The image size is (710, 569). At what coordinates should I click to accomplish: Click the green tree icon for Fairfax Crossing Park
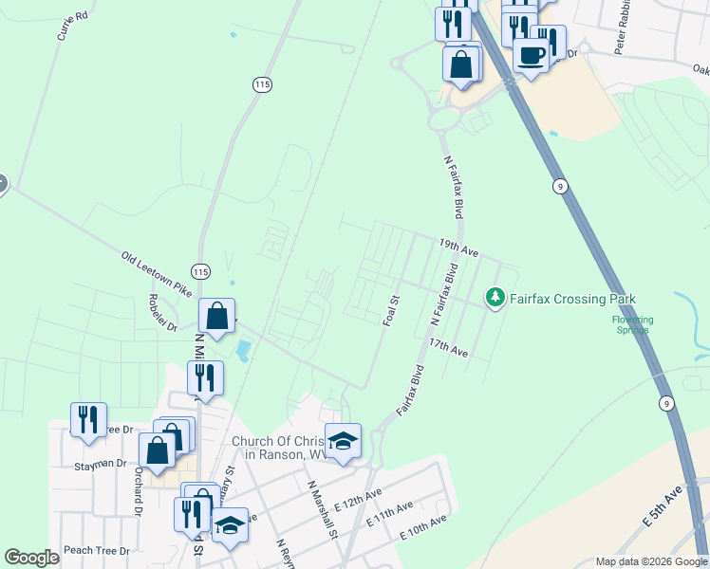pyautogui.click(x=495, y=299)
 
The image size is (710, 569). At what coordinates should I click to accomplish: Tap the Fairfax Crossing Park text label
pyautogui.click(x=572, y=300)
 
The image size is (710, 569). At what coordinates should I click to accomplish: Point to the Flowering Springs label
pyautogui.click(x=632, y=325)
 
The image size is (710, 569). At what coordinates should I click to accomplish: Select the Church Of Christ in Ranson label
pyautogui.click(x=281, y=448)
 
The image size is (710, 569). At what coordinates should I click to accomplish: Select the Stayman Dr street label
pyautogui.click(x=101, y=464)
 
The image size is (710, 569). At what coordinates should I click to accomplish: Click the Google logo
pyautogui.click(x=31, y=558)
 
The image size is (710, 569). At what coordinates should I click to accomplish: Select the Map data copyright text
pyautogui.click(x=650, y=561)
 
